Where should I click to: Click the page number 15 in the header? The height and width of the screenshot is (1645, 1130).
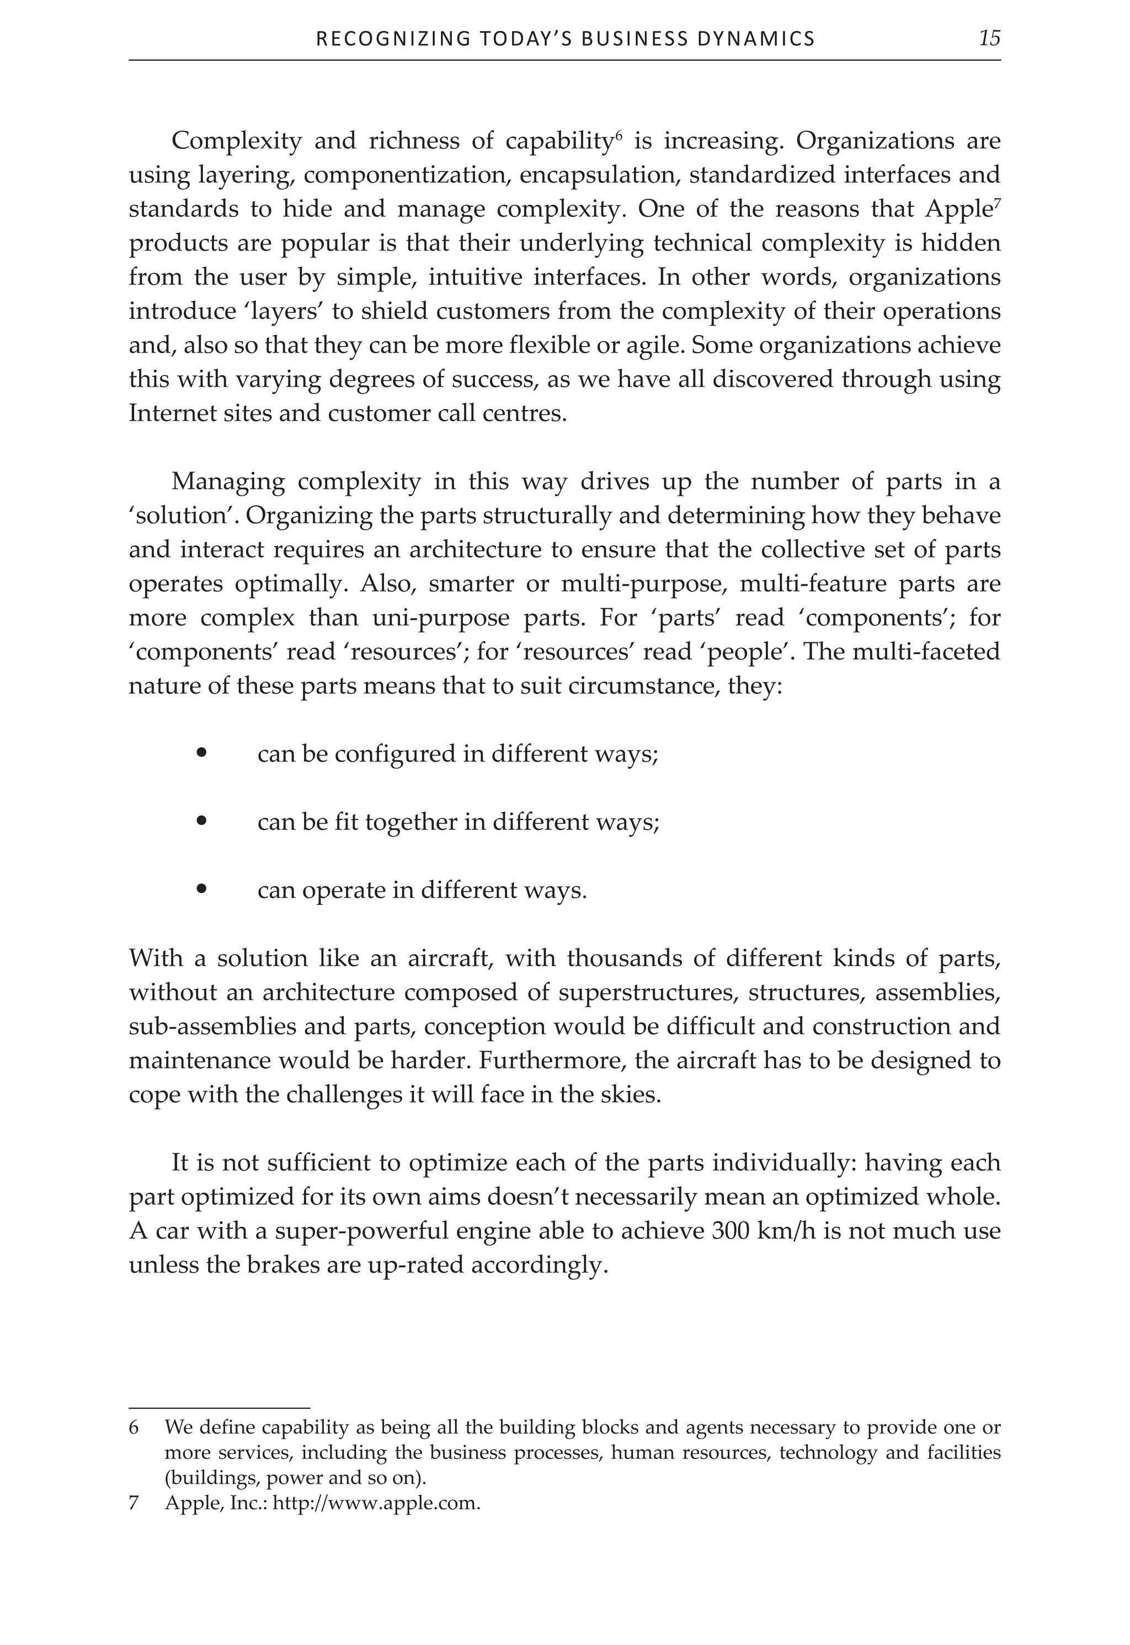[x=989, y=38]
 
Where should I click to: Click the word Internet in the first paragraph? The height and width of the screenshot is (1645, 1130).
[x=165, y=413]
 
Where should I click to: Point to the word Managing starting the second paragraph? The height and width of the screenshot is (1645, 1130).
[x=227, y=482]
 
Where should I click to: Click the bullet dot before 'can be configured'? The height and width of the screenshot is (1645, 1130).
[x=202, y=753]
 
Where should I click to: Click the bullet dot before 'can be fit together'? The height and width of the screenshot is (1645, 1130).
[x=202, y=822]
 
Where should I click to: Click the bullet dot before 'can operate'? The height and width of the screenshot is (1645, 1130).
[x=202, y=890]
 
